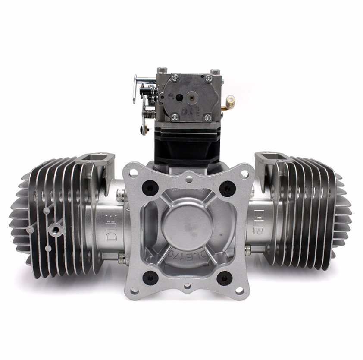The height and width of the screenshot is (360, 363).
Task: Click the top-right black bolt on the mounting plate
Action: [x=227, y=188]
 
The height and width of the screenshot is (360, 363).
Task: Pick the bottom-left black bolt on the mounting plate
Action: [x=150, y=278]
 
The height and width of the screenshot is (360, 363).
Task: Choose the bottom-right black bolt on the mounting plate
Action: [x=225, y=278]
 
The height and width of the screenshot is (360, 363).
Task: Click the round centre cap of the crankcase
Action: [x=187, y=226]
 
